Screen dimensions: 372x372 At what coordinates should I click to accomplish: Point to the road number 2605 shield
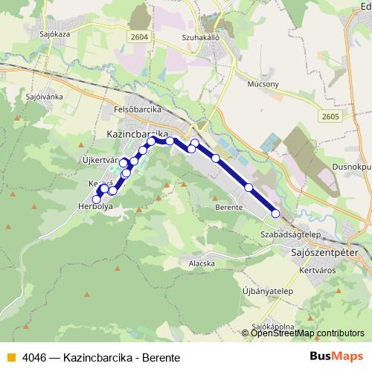331,116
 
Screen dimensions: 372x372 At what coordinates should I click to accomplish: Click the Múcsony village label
262,84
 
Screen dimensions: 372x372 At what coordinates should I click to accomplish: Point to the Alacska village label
202,263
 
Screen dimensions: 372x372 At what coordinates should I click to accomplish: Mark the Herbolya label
94,208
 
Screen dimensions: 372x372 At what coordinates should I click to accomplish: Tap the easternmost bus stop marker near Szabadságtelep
275,214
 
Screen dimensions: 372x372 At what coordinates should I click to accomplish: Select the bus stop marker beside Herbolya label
96,199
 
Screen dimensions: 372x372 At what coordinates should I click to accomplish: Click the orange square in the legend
10,357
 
